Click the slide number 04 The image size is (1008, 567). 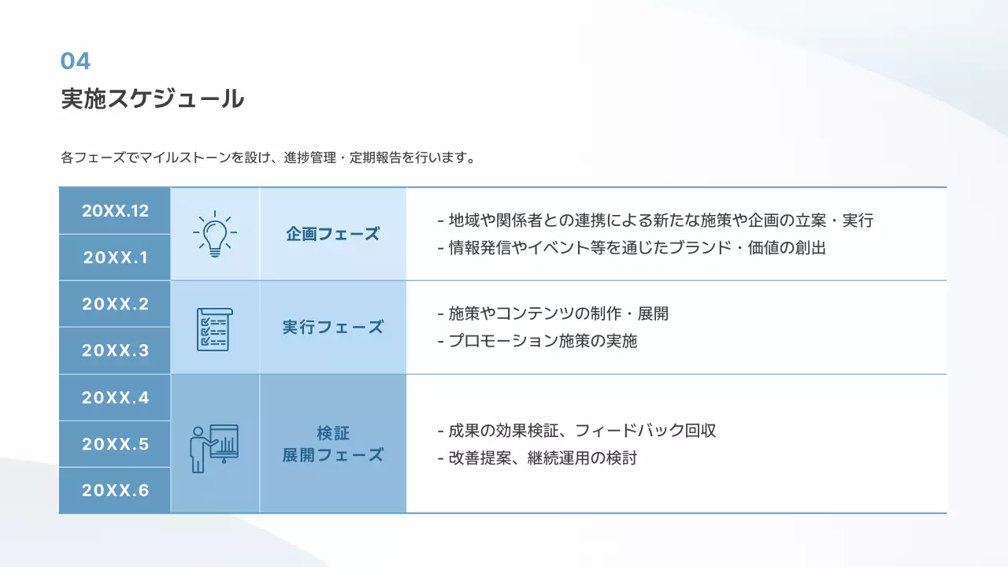[x=76, y=61]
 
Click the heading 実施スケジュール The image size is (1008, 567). [x=152, y=99]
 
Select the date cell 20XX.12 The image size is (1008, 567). [x=115, y=211]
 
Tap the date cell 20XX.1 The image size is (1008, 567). [x=115, y=258]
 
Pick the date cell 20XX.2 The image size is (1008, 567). [x=115, y=304]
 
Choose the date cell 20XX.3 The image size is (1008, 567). [x=115, y=350]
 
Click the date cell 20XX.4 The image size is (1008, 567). [x=115, y=398]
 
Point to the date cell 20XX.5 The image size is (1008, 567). [x=115, y=444]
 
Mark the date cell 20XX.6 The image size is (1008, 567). [x=115, y=491]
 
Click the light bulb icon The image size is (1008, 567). [x=215, y=233]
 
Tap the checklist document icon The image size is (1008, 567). [x=214, y=328]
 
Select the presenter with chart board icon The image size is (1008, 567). [x=214, y=447]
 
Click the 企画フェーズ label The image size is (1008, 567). [x=332, y=234]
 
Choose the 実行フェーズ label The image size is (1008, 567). [x=332, y=327]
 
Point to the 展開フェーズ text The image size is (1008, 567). [x=332, y=454]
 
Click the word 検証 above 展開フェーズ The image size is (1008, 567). [x=332, y=432]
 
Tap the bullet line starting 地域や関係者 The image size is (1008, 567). [x=655, y=220]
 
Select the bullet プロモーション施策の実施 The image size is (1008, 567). [x=537, y=341]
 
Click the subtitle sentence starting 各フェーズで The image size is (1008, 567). [x=268, y=157]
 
